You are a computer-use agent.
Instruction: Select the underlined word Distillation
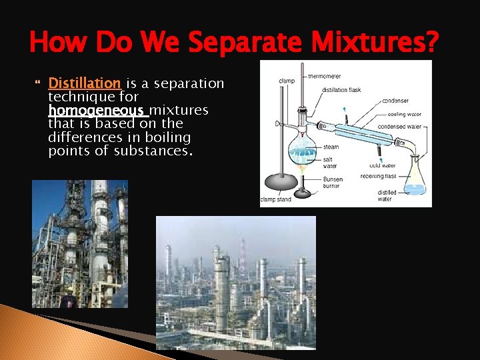85,83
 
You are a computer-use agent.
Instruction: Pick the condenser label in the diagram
395,101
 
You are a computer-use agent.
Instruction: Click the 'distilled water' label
387,195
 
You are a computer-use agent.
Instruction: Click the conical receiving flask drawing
415,179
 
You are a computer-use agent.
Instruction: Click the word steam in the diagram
331,147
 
